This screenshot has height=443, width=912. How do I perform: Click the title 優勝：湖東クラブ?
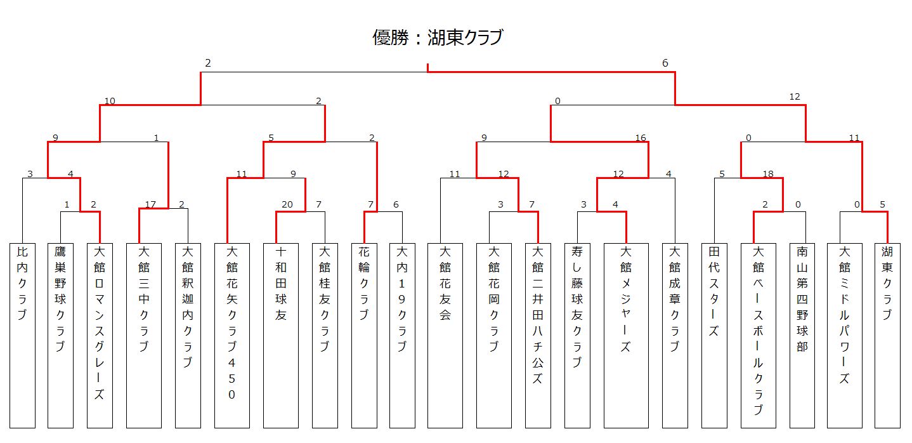(438, 37)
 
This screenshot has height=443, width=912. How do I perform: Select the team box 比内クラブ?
(22, 335)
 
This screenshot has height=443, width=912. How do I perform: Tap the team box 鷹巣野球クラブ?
(60, 335)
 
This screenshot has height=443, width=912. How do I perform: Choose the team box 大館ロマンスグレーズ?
(100, 335)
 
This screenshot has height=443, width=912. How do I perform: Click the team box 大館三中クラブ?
(144, 335)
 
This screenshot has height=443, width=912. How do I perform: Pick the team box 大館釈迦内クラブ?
(188, 335)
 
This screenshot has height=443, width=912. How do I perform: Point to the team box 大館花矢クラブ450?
(232, 335)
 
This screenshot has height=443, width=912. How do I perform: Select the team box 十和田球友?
(281, 335)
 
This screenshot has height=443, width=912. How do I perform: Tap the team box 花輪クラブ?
(364, 335)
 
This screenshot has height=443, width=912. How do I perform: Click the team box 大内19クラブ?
(402, 335)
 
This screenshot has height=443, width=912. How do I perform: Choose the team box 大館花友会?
(445, 335)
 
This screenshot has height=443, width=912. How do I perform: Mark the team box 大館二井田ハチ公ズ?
(538, 335)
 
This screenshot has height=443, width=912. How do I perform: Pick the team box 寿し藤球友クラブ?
(577, 335)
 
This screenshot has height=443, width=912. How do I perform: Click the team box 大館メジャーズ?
(626, 335)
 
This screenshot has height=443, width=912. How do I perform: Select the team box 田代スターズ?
(714, 335)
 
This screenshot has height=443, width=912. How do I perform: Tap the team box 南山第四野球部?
(802, 335)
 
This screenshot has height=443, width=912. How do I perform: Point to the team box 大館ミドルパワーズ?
(844, 335)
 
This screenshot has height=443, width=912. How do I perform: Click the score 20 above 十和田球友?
(287, 204)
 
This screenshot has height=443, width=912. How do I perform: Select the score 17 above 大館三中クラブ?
(150, 204)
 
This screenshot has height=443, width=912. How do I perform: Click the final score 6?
(665, 63)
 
